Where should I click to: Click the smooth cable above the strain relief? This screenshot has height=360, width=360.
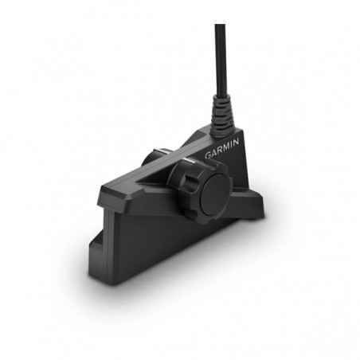(x=220, y=64)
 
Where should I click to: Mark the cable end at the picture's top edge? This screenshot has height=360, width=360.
(x=220, y=26)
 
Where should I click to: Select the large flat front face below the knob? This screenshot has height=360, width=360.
(x=159, y=239)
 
